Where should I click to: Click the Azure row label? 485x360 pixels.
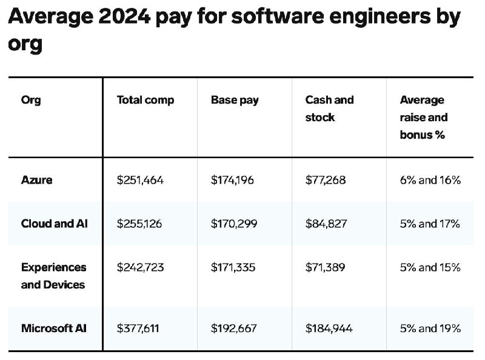point(36,180)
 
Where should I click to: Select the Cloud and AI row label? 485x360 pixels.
point(55,224)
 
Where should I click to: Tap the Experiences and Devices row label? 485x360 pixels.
point(53,276)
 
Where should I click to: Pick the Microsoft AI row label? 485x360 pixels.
point(53,328)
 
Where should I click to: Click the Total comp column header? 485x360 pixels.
point(145,100)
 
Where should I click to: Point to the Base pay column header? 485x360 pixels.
point(235,100)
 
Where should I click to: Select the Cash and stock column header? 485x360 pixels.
point(329,108)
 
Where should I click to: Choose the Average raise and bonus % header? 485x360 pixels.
point(424,117)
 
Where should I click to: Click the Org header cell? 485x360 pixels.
point(31,100)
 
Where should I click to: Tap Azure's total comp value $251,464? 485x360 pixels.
point(140,180)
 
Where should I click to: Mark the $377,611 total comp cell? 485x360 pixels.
point(138,328)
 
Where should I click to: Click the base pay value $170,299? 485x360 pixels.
point(234,224)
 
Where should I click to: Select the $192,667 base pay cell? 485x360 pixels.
point(234,328)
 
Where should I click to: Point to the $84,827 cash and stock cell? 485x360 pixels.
point(326,224)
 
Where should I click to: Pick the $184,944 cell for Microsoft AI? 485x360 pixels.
point(329,328)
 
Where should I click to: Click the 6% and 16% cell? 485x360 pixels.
point(430,180)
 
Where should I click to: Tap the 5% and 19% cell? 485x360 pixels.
point(430,328)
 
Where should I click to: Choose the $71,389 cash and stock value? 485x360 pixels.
point(325,267)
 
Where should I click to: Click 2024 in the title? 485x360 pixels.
point(124,16)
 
